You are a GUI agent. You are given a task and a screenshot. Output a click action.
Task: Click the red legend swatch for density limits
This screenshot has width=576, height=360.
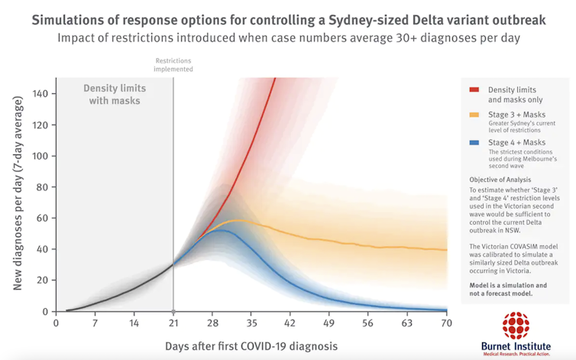tap(474, 90)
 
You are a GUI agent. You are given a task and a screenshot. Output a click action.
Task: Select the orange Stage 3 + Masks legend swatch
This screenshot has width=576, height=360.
tap(474, 115)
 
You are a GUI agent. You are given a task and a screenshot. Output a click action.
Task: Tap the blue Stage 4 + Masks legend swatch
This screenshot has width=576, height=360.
tap(474, 143)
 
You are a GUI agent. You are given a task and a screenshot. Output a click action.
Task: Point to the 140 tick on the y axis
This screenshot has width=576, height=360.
tap(40, 93)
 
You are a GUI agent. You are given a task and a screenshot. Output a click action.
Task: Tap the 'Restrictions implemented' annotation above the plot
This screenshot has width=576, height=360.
tap(174, 64)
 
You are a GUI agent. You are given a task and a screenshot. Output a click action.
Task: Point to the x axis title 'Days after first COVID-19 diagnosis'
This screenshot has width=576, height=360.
tap(251, 346)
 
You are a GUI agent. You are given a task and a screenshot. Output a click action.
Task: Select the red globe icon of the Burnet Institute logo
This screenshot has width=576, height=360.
tap(516, 325)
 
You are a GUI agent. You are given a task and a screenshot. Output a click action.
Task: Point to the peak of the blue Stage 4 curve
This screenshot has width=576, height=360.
tap(222, 230)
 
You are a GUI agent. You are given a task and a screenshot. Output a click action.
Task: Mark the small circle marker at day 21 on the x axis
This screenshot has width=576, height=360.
tap(173, 312)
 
